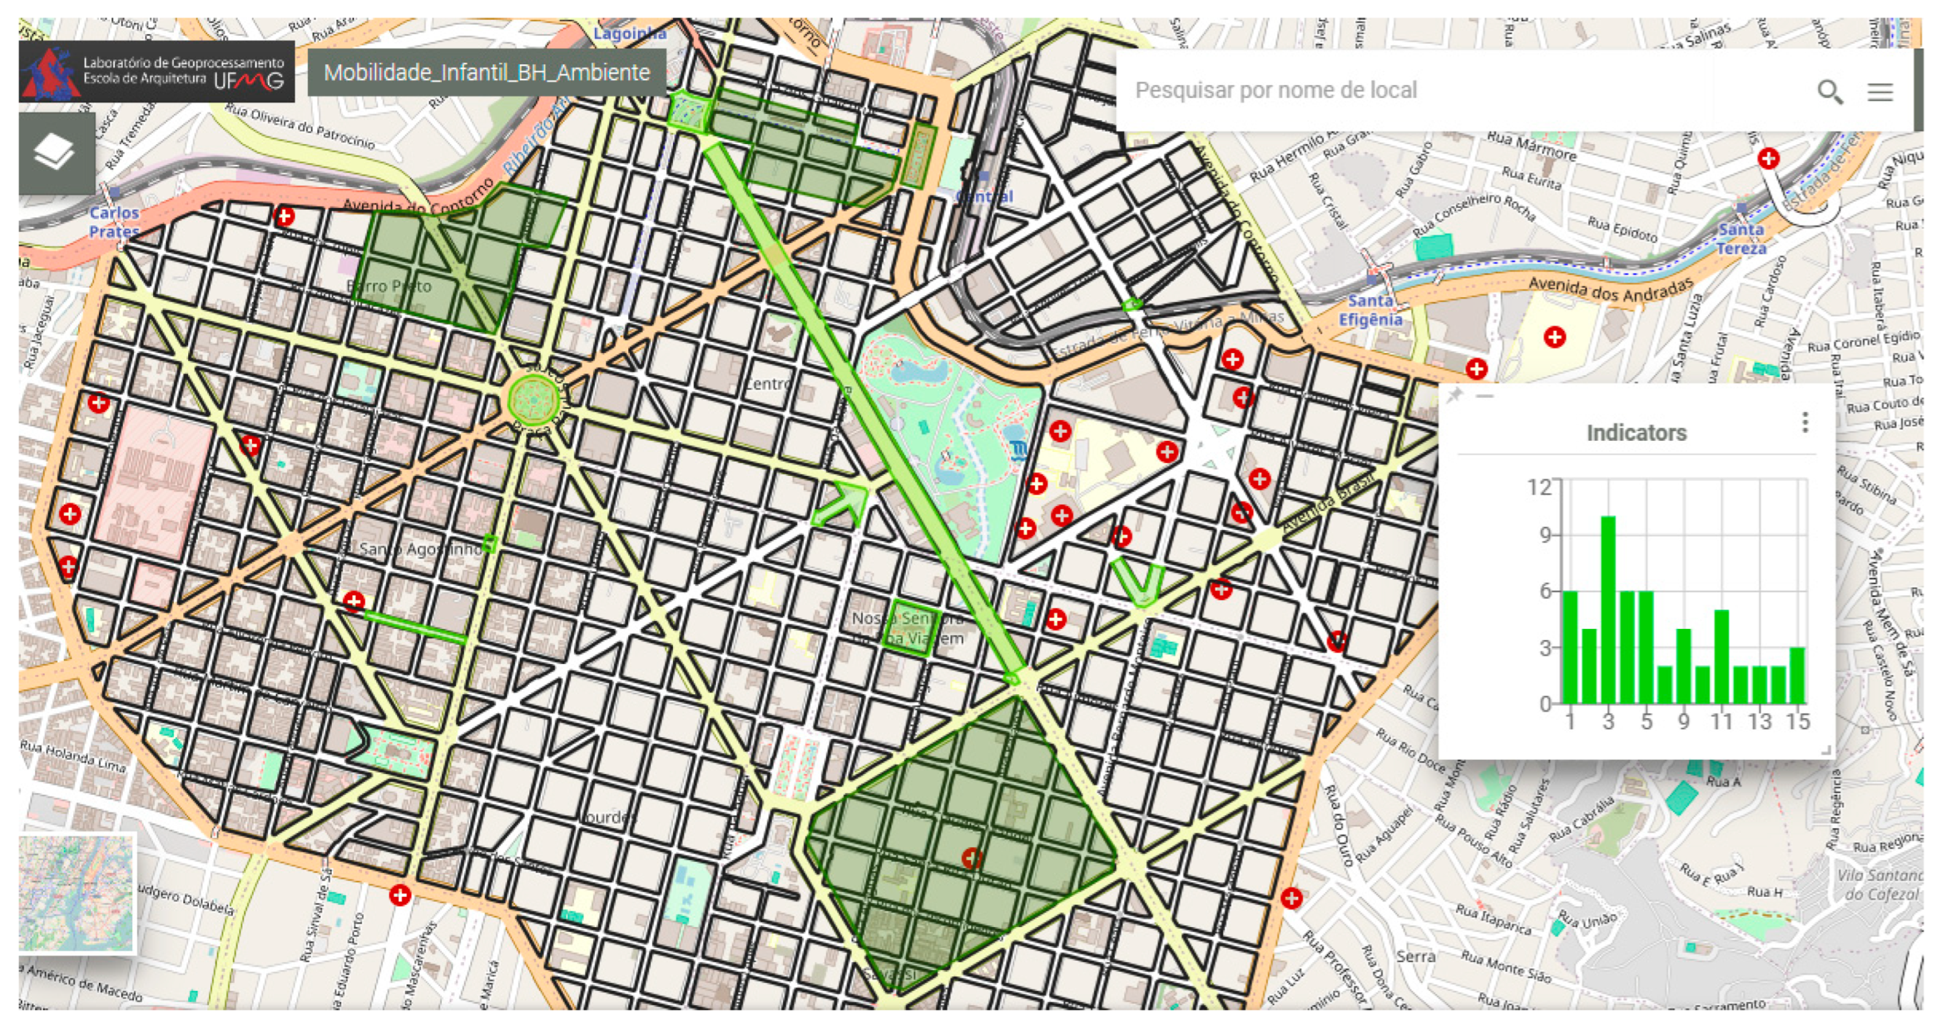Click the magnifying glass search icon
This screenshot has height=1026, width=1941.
1829,92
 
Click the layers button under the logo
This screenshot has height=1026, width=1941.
55,152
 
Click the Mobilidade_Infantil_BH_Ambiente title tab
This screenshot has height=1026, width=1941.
487,72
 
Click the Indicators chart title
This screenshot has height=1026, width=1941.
1636,433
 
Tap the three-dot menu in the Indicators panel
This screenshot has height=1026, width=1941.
1804,422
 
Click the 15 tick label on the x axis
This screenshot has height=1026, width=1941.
1797,721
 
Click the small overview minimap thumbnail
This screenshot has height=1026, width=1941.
76,893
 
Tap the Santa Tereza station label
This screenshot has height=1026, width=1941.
1741,238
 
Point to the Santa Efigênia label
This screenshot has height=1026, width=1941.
1370,310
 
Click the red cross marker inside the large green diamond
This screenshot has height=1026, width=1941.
971,858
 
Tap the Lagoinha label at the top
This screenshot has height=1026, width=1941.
629,33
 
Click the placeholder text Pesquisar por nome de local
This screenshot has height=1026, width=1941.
1276,90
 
